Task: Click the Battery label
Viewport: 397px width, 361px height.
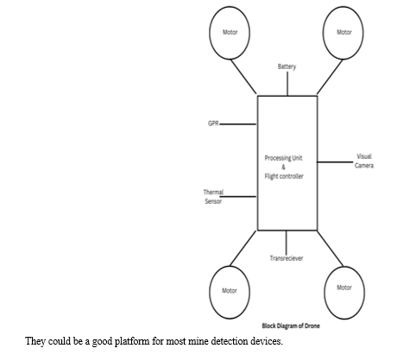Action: tap(287, 66)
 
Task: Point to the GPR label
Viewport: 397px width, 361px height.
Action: tap(213, 123)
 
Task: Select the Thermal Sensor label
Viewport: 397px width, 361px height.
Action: tap(213, 197)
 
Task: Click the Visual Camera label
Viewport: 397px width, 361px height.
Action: tap(364, 161)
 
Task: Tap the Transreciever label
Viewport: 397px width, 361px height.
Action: tap(287, 258)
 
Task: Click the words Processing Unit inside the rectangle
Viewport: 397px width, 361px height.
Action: tap(283, 158)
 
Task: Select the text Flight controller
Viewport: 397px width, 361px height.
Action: tap(284, 176)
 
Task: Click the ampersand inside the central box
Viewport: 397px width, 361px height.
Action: tap(283, 167)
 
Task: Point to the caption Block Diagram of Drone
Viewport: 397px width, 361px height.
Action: tap(291, 326)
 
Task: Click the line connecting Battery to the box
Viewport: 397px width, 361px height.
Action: tap(287, 84)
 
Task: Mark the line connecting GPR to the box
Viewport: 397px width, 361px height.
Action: tap(237, 124)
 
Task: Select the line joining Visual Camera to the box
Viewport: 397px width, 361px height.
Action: tap(335, 162)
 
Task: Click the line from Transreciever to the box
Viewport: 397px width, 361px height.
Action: tap(286, 243)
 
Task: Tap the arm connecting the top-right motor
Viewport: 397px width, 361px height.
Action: tap(330, 77)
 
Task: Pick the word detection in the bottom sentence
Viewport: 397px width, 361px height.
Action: tap(230, 341)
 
